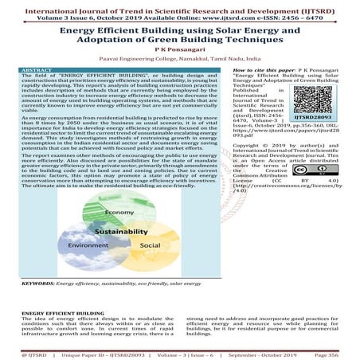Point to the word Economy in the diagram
(118, 213)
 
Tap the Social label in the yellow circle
(150, 246)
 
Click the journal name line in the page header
(179, 6)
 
